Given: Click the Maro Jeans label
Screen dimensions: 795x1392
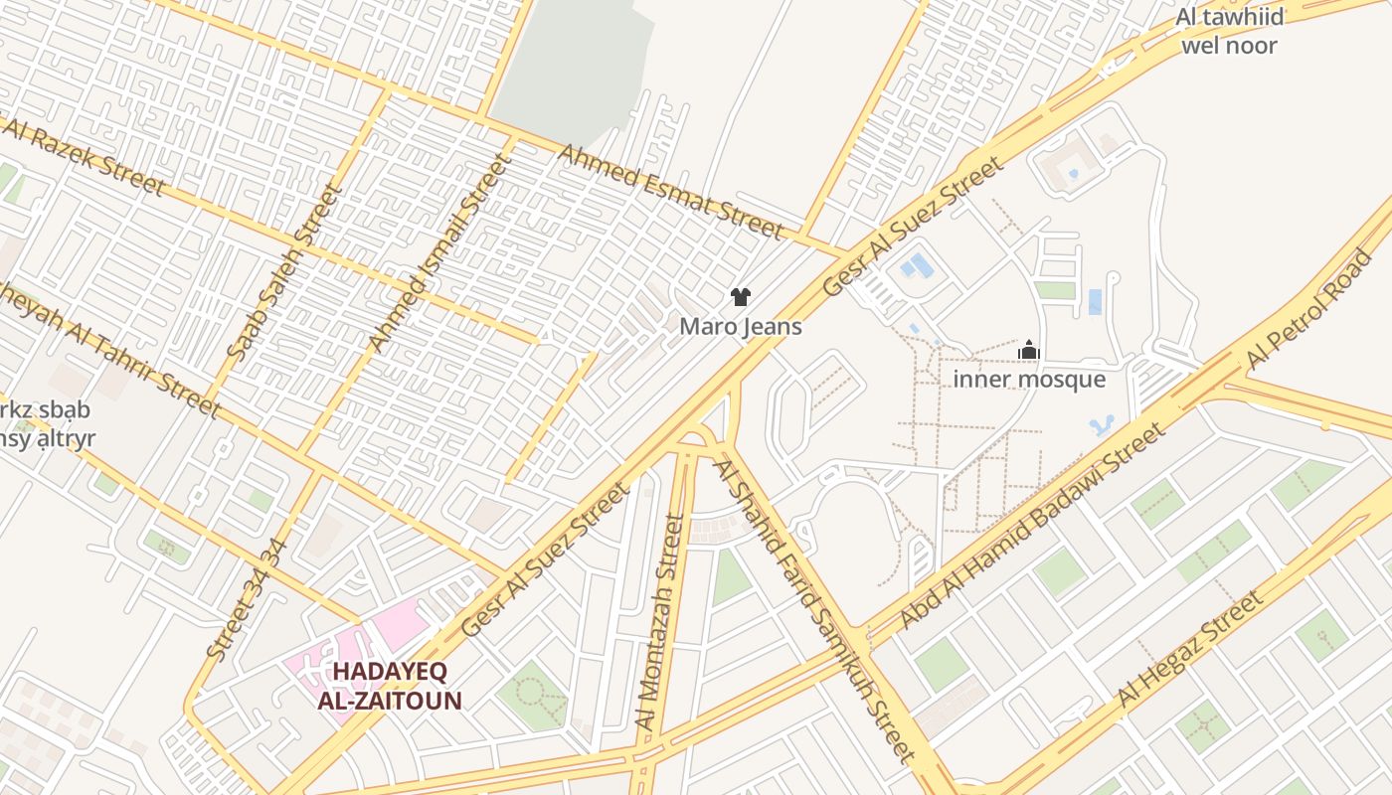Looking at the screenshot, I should coord(741,326).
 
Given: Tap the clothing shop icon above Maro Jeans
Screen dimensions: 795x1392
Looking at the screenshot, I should coord(740,296).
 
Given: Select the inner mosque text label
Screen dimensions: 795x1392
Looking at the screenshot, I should coord(1029,379).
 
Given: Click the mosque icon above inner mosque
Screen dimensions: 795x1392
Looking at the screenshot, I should coord(1029,350).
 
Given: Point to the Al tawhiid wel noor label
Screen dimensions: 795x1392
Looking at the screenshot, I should coord(1229,31).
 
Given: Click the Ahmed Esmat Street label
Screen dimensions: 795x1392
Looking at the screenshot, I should coord(671,192).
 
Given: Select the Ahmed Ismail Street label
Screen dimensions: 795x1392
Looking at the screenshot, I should coord(437,252).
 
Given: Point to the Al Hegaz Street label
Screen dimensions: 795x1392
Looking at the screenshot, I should coord(1190,649).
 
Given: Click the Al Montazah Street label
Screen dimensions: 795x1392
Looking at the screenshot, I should coord(660,622).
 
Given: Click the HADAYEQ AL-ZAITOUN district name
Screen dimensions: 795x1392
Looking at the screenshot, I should coord(390,686).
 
